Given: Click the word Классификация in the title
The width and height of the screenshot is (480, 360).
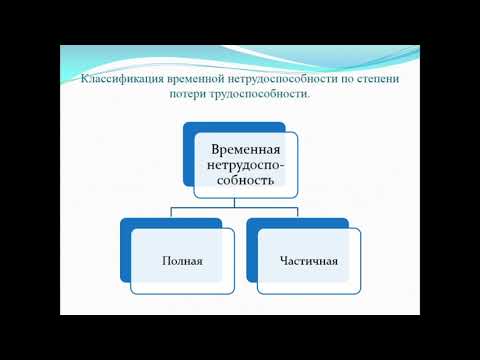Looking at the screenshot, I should (113, 78).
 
